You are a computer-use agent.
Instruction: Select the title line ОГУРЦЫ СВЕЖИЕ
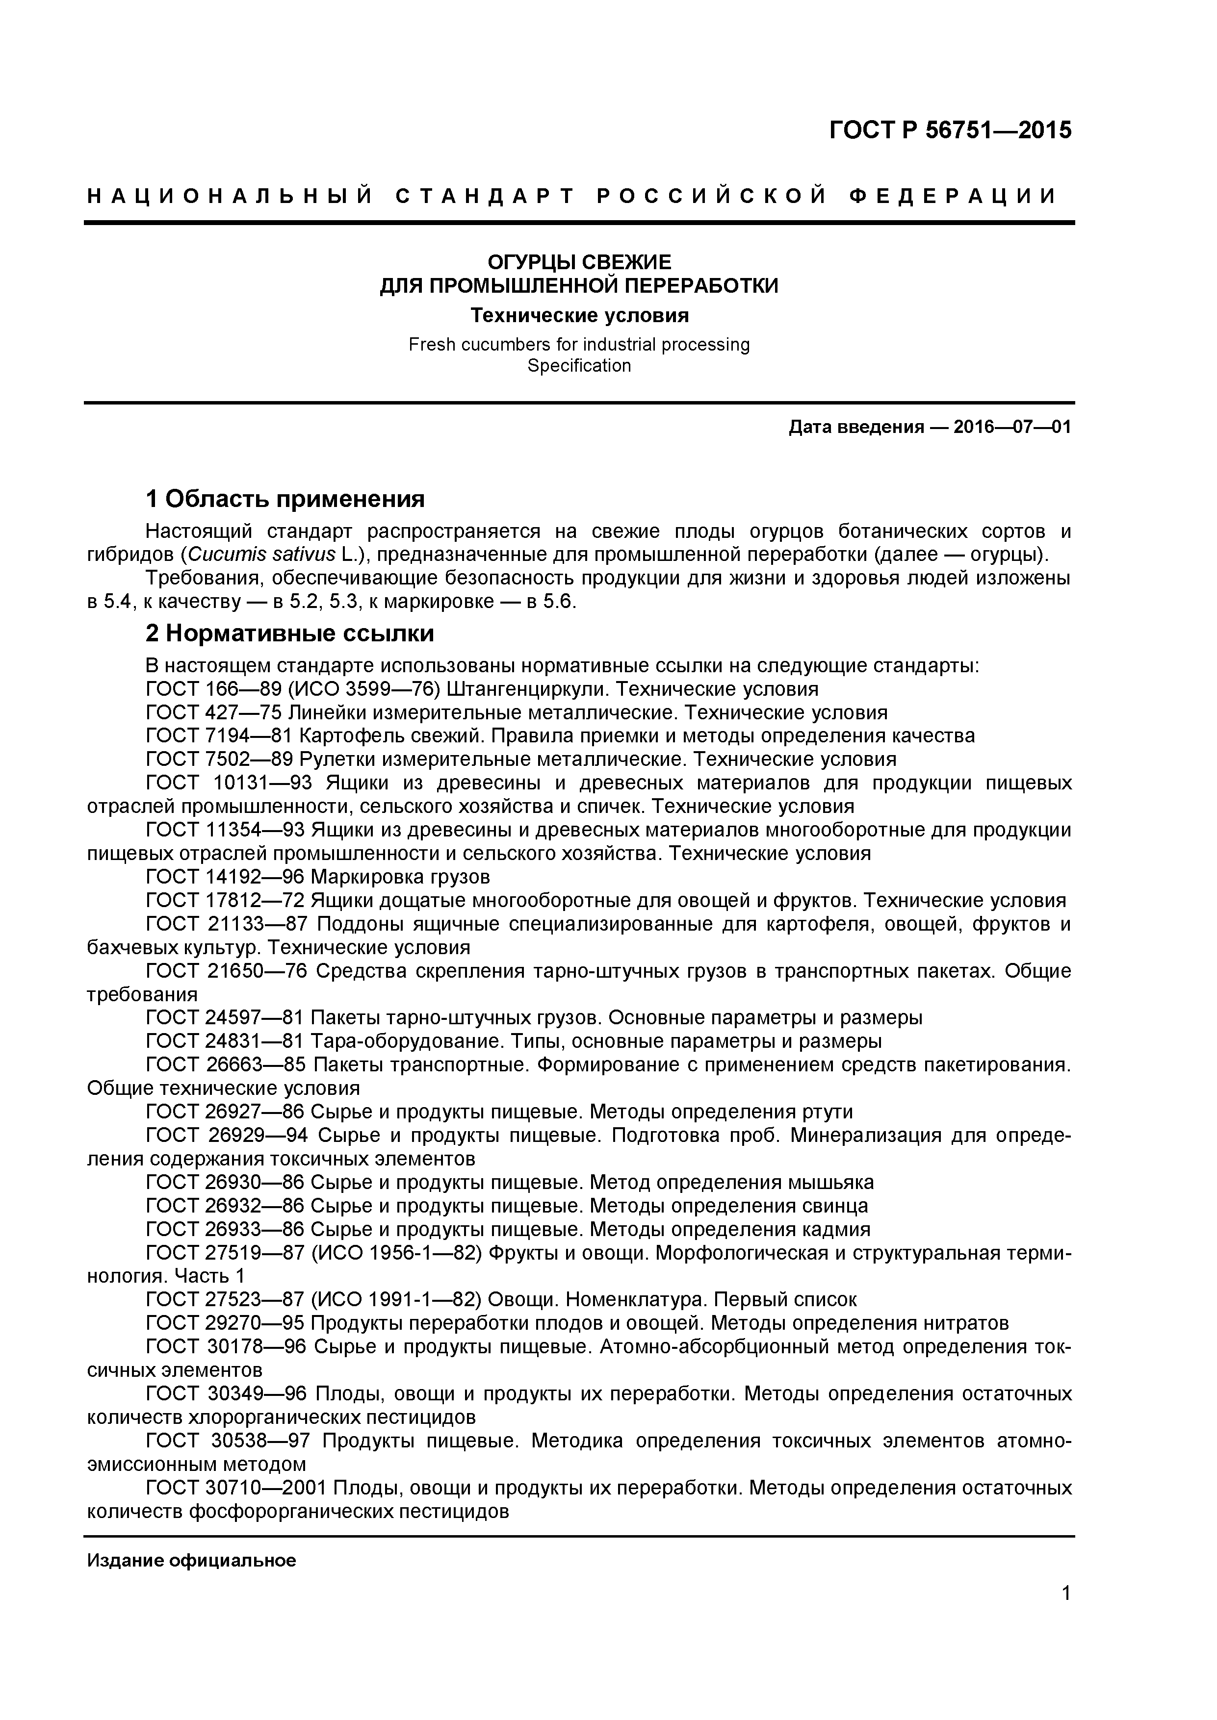coord(579,262)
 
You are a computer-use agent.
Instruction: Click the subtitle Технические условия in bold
coord(579,315)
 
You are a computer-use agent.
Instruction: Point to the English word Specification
coord(579,366)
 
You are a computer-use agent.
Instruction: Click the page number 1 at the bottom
coord(1065,1614)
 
